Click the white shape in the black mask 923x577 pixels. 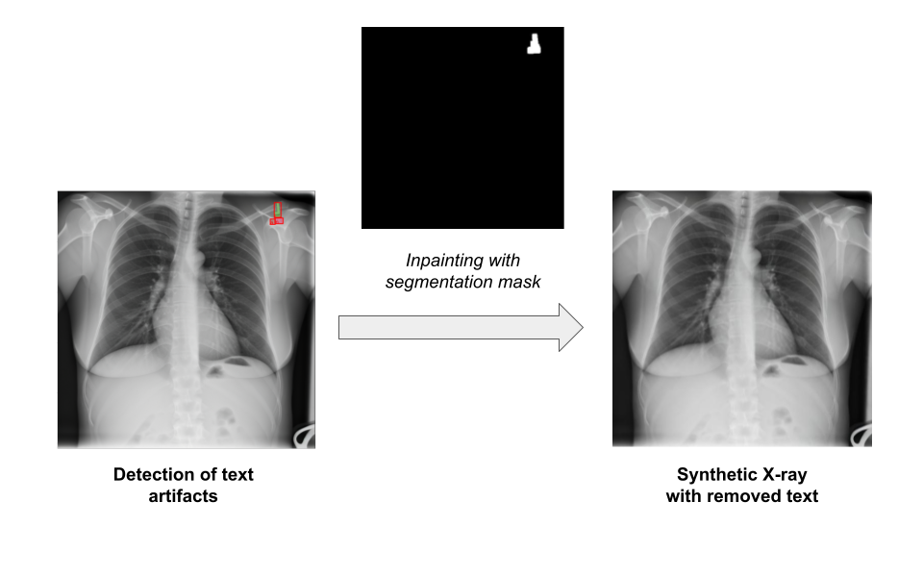[535, 43]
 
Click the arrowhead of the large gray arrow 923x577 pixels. [570, 327]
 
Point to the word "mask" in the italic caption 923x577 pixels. [519, 282]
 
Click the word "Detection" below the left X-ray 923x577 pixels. [153, 475]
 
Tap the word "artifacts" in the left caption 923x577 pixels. [183, 496]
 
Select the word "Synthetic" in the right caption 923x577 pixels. [716, 475]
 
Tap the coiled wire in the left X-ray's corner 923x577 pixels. [303, 435]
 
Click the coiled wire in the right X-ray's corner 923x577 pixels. [860, 435]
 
